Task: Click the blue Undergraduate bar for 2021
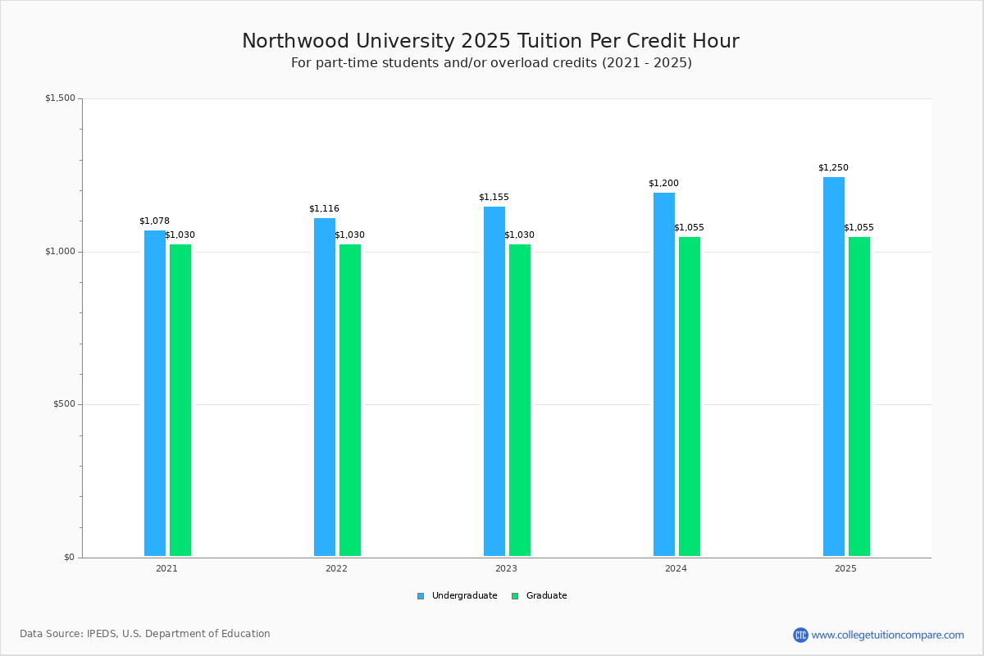click(155, 394)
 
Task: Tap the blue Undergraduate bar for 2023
click(494, 381)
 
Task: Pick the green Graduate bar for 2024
click(690, 397)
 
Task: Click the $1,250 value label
click(833, 168)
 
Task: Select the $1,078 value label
click(154, 221)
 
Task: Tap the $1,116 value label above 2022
click(324, 209)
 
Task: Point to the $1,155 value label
click(494, 198)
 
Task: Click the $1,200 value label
click(663, 184)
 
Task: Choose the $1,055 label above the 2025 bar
click(859, 228)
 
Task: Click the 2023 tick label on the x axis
click(506, 568)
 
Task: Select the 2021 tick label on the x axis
click(166, 568)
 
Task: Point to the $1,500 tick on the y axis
click(60, 98)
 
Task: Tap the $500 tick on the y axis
click(63, 404)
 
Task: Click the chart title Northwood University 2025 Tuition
click(490, 42)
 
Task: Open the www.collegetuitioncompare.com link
click(887, 635)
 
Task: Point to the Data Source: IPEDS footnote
click(145, 634)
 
